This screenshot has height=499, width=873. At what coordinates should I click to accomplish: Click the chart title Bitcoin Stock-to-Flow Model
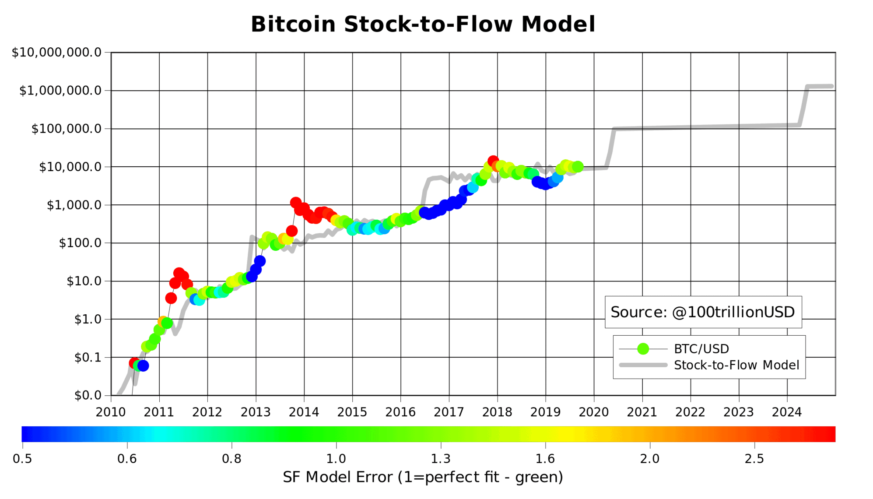(x=423, y=24)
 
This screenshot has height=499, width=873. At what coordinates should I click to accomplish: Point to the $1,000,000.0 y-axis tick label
(x=60, y=91)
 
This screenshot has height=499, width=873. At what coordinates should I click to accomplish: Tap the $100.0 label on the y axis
(x=80, y=243)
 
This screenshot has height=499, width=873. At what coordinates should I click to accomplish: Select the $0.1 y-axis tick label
(x=88, y=358)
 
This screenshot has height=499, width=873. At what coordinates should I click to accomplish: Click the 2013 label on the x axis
(x=256, y=412)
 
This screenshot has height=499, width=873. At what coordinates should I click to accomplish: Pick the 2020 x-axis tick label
(x=593, y=412)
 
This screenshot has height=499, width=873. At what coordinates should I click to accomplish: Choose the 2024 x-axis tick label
(x=786, y=412)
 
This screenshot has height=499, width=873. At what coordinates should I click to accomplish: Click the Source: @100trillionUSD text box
(x=702, y=312)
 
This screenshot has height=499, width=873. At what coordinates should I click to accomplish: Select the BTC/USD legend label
(x=701, y=349)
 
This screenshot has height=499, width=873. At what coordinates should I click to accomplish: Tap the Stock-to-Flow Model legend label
(x=736, y=365)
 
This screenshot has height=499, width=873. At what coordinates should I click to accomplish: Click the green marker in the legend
(x=643, y=349)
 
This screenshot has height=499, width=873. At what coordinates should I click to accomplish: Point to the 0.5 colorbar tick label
(x=22, y=459)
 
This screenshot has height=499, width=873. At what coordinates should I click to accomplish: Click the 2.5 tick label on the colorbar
(x=754, y=459)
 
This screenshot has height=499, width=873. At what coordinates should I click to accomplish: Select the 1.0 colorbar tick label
(x=336, y=459)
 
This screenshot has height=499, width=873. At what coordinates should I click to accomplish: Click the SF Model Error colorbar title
(x=423, y=477)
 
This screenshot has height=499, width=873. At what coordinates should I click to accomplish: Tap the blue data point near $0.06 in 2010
(x=143, y=365)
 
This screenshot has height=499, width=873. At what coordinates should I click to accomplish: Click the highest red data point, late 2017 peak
(x=493, y=161)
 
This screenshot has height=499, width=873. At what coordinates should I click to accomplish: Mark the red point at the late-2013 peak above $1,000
(x=296, y=203)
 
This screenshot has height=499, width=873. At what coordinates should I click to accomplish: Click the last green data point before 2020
(x=578, y=167)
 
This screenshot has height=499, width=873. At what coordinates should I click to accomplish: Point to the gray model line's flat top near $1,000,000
(x=819, y=86)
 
